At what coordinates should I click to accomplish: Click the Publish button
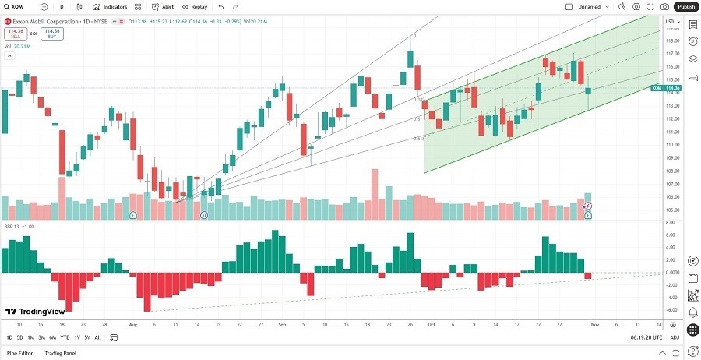point(685,6)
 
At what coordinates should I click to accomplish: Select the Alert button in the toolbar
point(164,6)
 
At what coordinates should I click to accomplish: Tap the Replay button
point(195,6)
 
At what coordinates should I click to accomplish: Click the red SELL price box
point(13,34)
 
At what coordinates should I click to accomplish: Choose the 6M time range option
point(52,337)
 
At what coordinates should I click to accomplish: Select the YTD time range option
point(65,337)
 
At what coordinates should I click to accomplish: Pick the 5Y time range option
point(87,337)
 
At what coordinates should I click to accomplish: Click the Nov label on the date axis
point(594,323)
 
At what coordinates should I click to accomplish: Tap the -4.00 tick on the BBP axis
point(670,297)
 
